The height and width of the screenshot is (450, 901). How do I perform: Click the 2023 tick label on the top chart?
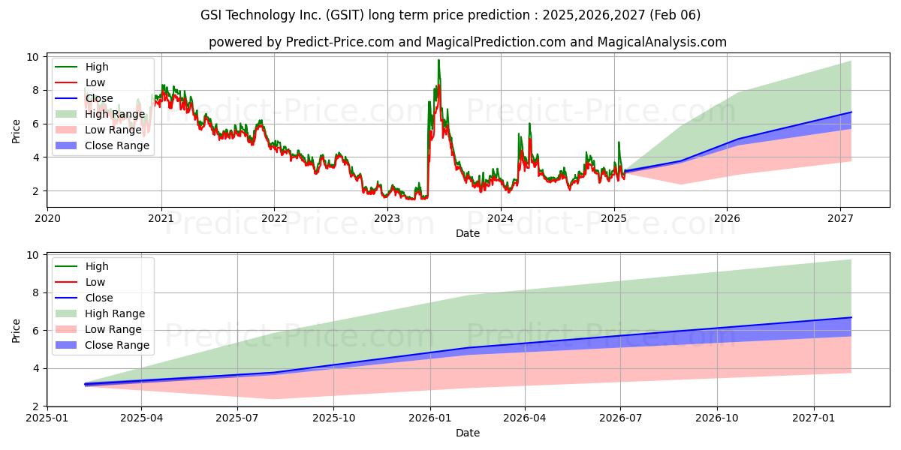(387, 218)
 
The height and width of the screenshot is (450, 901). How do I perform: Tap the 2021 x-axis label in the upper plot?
(161, 218)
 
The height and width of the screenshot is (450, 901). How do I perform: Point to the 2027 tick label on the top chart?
(840, 218)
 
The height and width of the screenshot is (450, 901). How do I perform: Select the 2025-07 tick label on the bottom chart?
(237, 418)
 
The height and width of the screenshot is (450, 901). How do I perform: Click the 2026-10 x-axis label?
(717, 418)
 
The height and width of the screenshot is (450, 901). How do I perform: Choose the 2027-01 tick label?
(814, 418)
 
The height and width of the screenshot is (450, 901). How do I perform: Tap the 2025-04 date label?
(141, 418)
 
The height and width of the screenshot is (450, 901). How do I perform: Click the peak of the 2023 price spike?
(438, 60)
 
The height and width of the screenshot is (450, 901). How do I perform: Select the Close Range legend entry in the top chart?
(102, 145)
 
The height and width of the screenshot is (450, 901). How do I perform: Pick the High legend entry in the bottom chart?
(82, 266)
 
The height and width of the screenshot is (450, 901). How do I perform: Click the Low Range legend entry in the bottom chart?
(98, 329)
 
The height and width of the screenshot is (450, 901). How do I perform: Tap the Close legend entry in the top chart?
(83, 98)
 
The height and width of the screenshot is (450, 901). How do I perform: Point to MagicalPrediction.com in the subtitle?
(496, 42)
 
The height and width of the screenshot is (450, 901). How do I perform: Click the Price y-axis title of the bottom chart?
(16, 331)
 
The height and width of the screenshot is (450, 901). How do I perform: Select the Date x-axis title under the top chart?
(467, 233)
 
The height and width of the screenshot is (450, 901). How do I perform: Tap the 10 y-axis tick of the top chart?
(33, 57)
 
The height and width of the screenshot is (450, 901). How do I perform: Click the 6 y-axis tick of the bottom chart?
(36, 331)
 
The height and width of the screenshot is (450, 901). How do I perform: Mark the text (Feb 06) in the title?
(675, 15)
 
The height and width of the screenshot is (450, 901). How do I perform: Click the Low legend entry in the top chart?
(80, 82)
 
